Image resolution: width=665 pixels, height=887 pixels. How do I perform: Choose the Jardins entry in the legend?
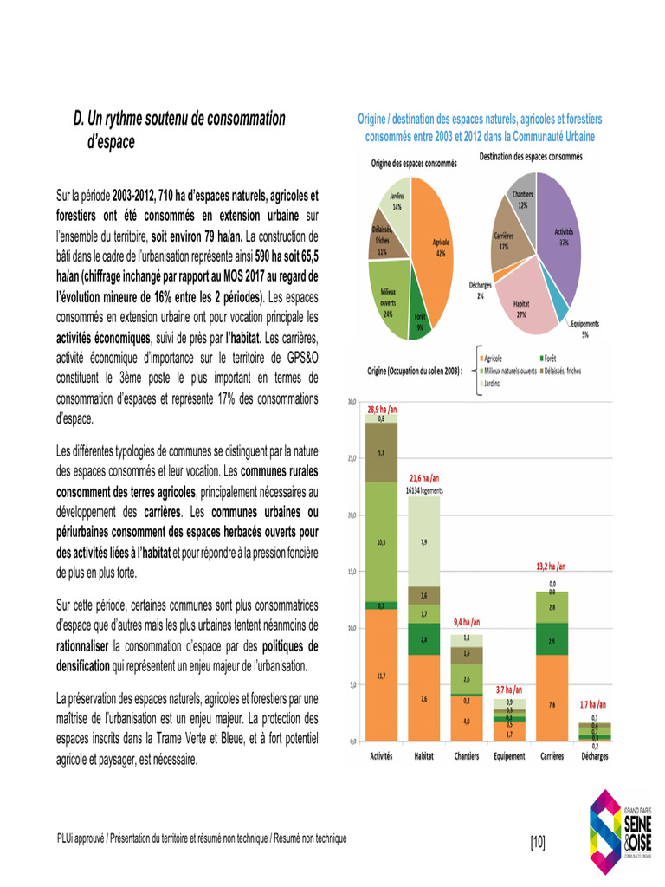[x=493, y=382]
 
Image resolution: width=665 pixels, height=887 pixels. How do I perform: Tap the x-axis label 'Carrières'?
[x=552, y=755]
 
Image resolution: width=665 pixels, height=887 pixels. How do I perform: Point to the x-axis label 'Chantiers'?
[x=467, y=755]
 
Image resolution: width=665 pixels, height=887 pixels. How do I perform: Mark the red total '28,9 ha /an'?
[x=382, y=408]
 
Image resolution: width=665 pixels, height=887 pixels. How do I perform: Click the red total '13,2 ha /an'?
[x=552, y=567]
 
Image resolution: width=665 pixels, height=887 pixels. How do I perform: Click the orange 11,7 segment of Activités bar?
[x=382, y=675]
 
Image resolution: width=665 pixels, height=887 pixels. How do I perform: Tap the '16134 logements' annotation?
[x=424, y=489]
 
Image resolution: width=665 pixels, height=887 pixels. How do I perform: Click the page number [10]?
[x=537, y=840]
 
